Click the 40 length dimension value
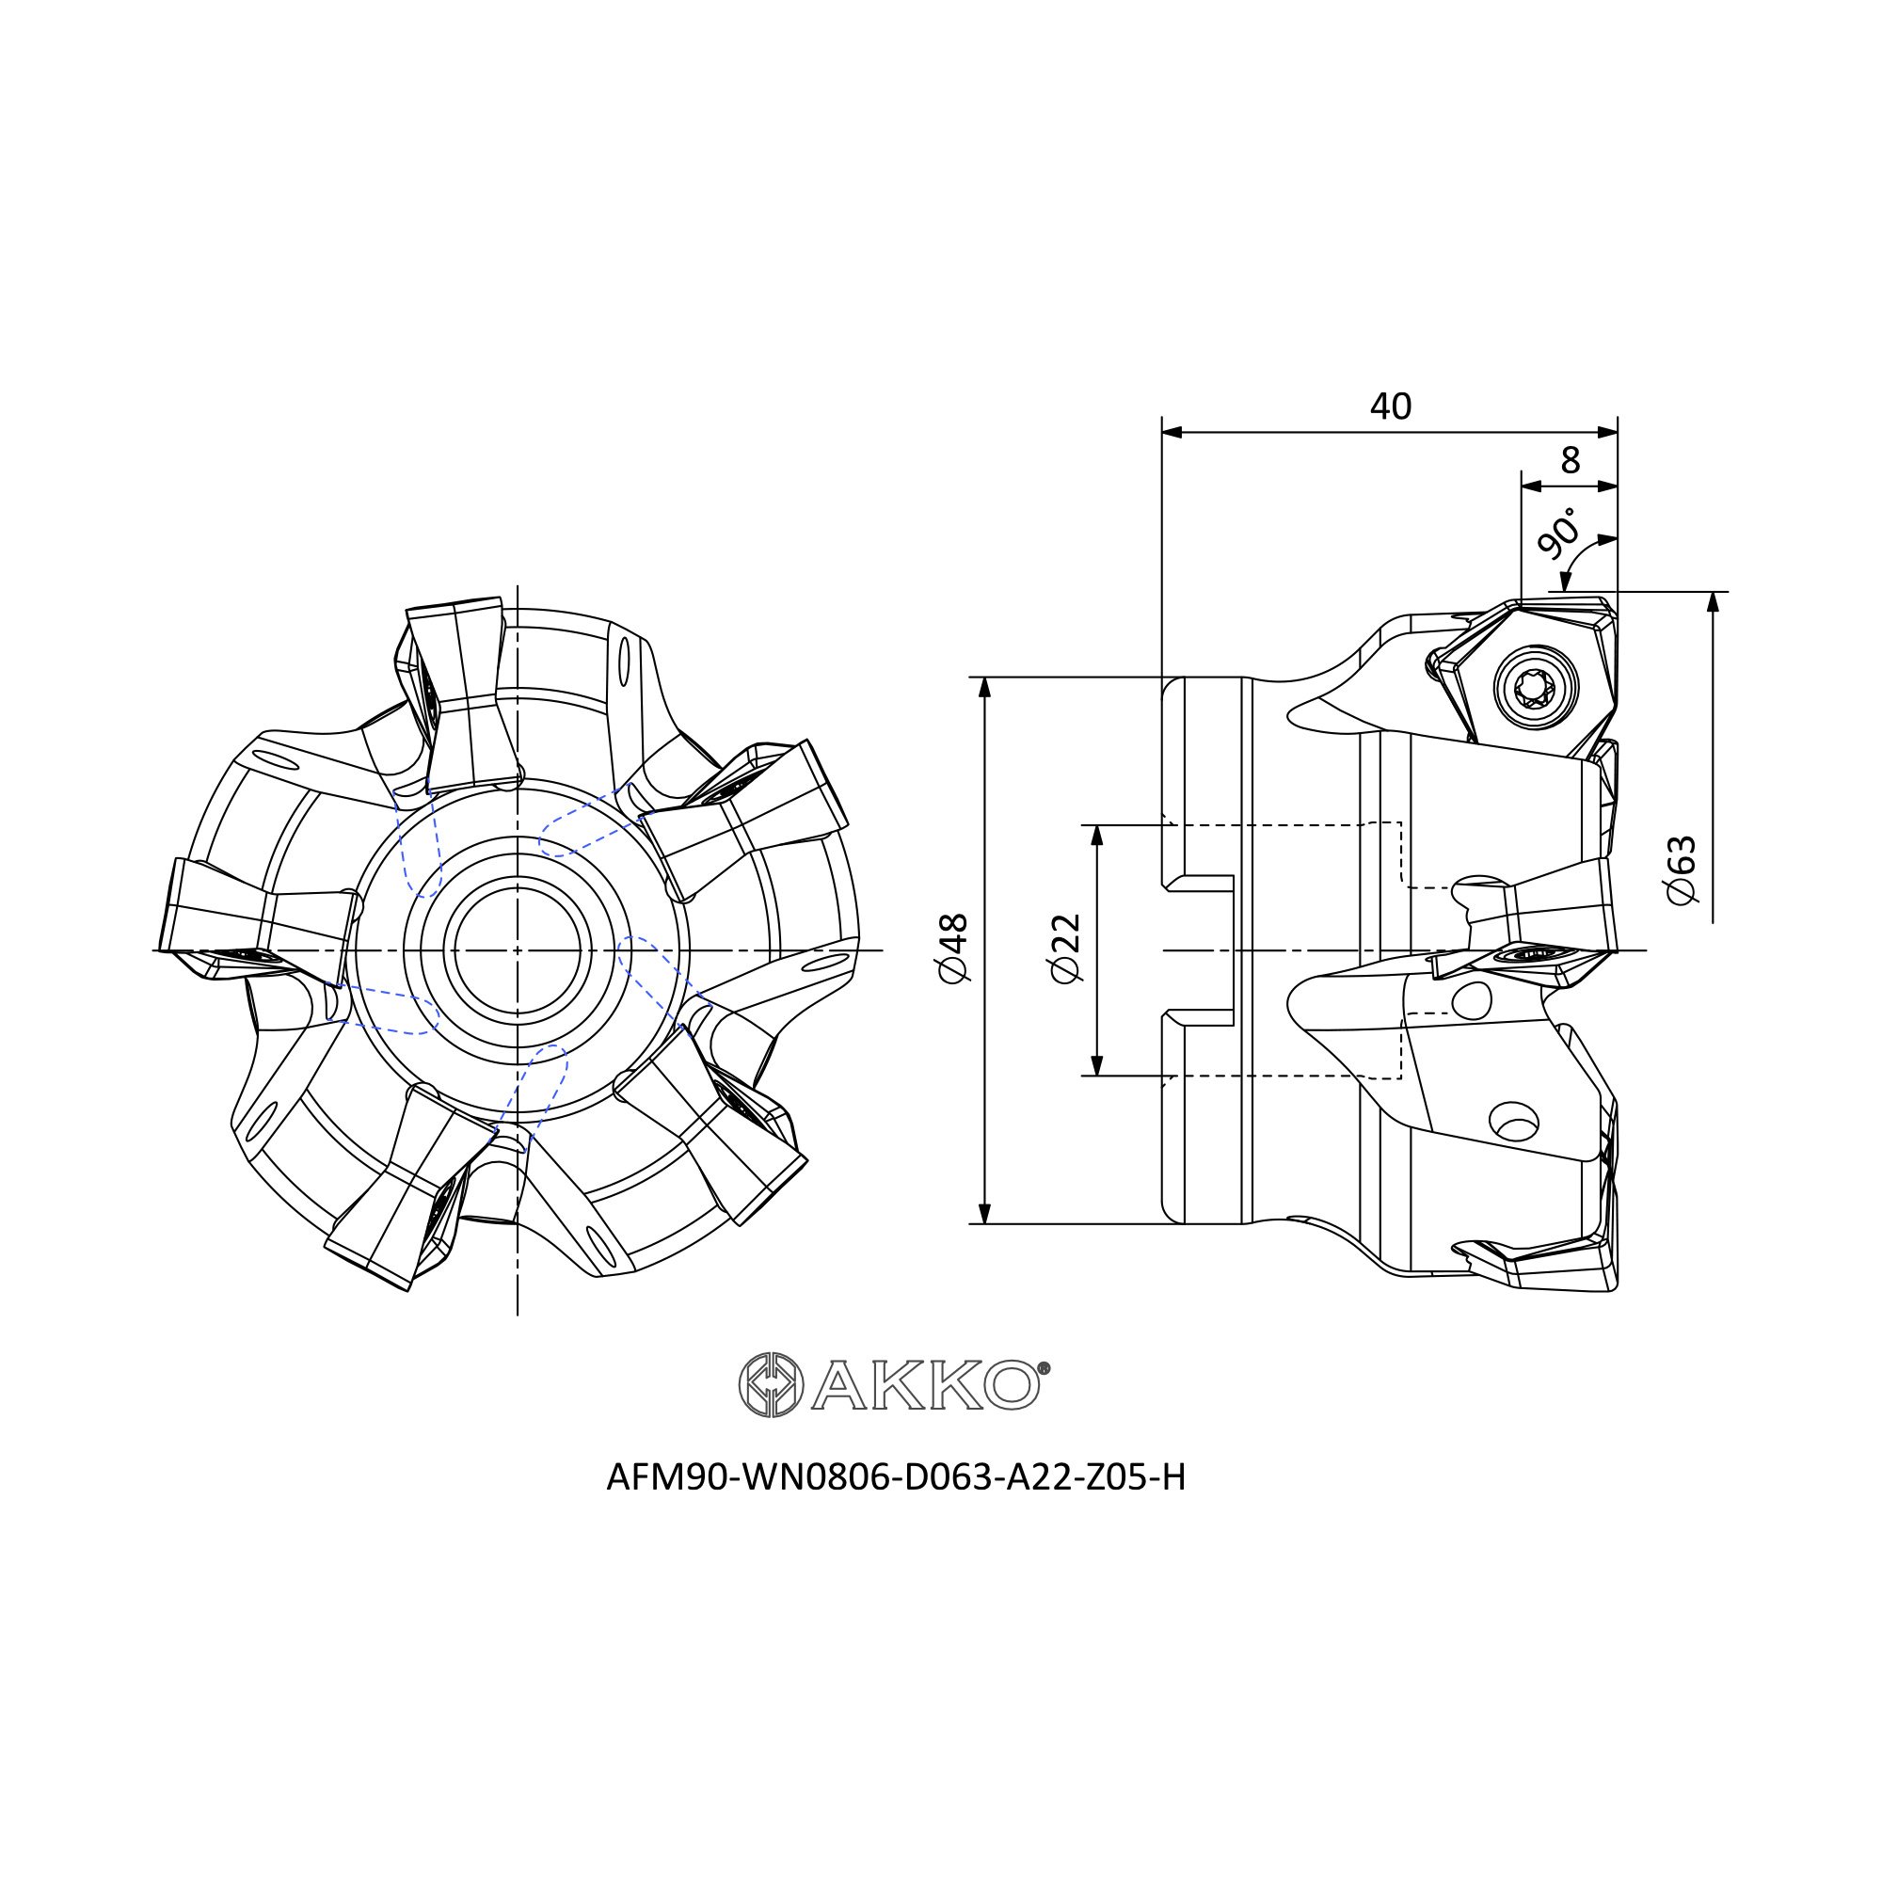pos(1390,407)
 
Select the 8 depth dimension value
pos(1570,460)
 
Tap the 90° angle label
pos(1556,533)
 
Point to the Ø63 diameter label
pos(1682,869)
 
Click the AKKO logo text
pos(925,1384)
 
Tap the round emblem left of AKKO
pos(772,1384)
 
